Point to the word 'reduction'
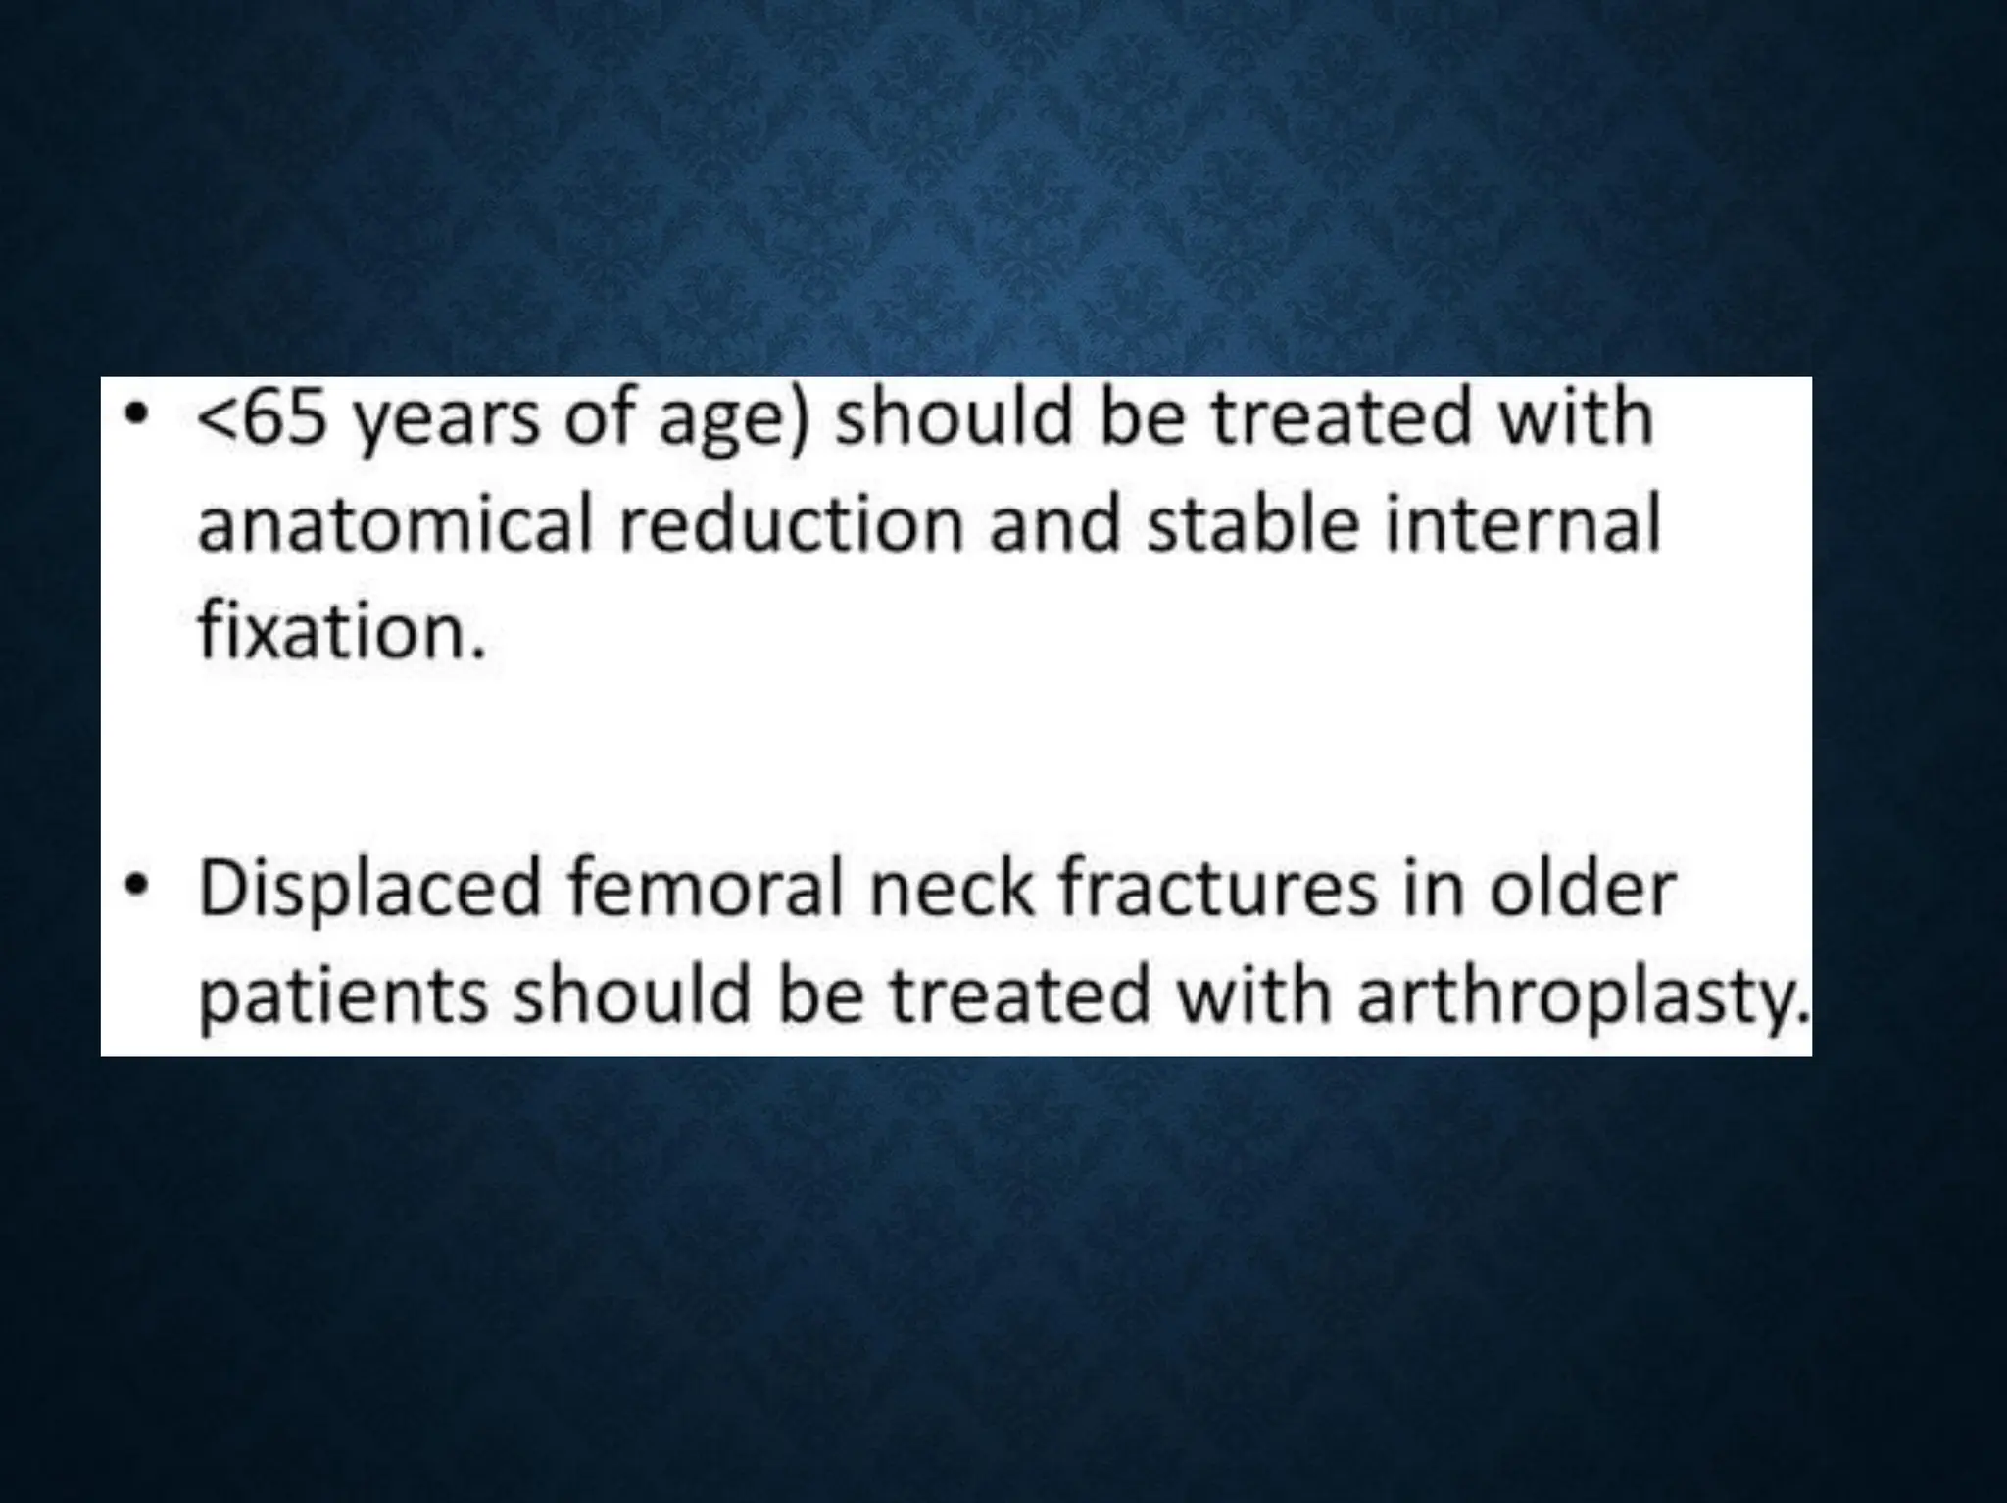[x=794, y=523]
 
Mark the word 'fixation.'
[x=342, y=629]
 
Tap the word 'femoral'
[x=704, y=888]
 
